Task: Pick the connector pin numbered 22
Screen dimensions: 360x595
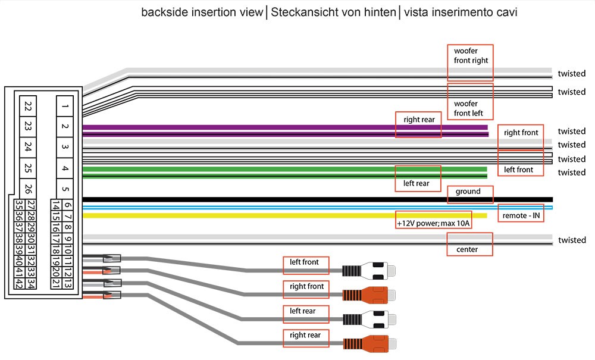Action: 28,107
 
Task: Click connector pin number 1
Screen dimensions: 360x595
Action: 65,107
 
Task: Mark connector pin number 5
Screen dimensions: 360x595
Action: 65,190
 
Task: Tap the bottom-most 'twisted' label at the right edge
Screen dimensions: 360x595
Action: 571,240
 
